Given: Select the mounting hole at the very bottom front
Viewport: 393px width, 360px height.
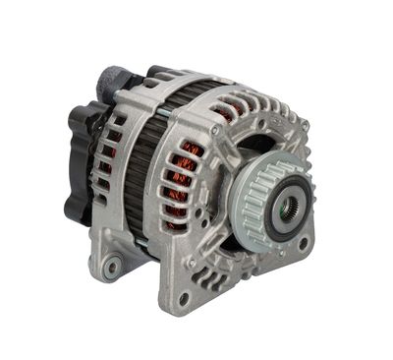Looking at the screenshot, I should click(183, 298).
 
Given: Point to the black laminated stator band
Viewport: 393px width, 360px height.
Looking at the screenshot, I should click(147, 148).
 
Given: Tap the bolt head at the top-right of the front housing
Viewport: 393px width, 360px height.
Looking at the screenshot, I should click(306, 125).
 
